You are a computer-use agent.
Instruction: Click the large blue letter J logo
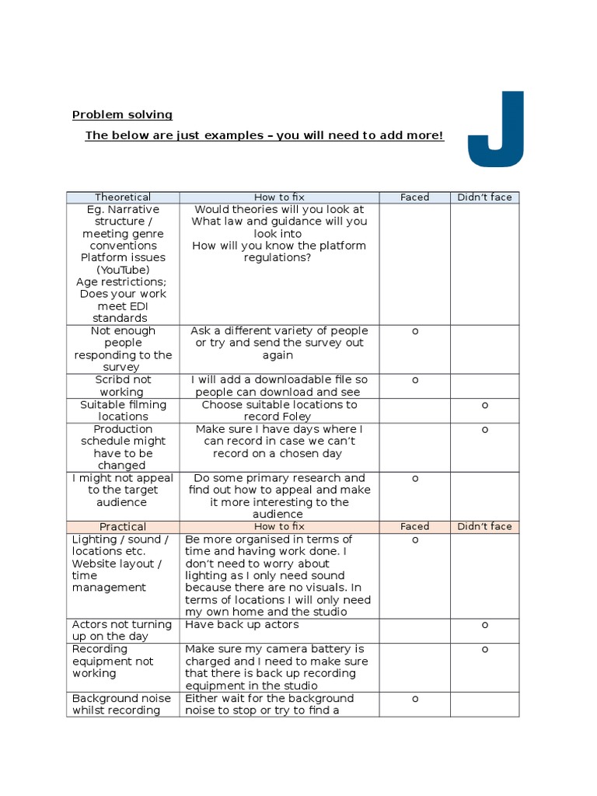pyautogui.click(x=496, y=129)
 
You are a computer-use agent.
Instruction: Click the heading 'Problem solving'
pyautogui.click(x=122, y=115)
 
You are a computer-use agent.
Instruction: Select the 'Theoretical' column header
pyautogui.click(x=123, y=197)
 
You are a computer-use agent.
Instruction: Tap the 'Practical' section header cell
pyautogui.click(x=123, y=527)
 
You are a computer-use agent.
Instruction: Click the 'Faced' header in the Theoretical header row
pyautogui.click(x=414, y=197)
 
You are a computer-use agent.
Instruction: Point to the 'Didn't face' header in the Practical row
pyautogui.click(x=484, y=527)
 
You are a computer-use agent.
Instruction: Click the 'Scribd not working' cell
pyautogui.click(x=123, y=386)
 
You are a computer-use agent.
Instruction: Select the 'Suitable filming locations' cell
pyautogui.click(x=123, y=410)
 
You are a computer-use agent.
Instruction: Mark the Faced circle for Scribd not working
pyautogui.click(x=415, y=380)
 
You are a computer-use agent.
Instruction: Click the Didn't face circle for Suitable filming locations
pyautogui.click(x=485, y=405)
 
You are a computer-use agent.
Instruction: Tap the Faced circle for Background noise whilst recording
pyautogui.click(x=415, y=699)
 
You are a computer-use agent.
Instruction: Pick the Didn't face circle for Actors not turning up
pyautogui.click(x=485, y=625)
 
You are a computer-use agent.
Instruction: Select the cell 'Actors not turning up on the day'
pyautogui.click(x=122, y=630)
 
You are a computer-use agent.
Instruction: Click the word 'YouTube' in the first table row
pyautogui.click(x=123, y=270)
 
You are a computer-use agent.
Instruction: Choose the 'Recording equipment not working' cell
pyautogui.click(x=113, y=662)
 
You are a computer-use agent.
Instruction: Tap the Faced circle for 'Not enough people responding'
pyautogui.click(x=415, y=331)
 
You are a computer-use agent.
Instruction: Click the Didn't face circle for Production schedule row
pyautogui.click(x=485, y=429)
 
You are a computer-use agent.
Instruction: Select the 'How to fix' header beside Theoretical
pyautogui.click(x=279, y=197)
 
